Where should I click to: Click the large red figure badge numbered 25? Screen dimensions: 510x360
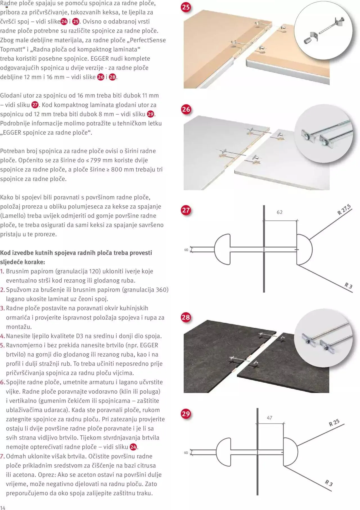pyautogui.click(x=186, y=7)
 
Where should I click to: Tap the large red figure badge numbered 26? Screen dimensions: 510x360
pyautogui.click(x=186, y=109)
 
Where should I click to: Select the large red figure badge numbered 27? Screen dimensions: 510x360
pyautogui.click(x=186, y=210)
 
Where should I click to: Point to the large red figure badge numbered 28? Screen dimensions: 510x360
pyautogui.click(x=186, y=317)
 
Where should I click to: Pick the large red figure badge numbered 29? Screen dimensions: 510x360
pyautogui.click(x=186, y=414)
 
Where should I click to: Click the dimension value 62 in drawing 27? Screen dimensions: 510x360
pyautogui.click(x=280, y=212)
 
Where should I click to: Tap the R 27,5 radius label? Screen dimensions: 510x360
pyautogui.click(x=344, y=210)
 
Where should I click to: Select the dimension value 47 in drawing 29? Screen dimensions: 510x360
pyautogui.click(x=269, y=418)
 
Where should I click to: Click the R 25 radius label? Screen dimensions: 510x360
pyautogui.click(x=334, y=423)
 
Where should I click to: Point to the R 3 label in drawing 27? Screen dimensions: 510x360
pyautogui.click(x=348, y=286)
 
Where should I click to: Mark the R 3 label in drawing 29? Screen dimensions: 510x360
pyautogui.click(x=329, y=483)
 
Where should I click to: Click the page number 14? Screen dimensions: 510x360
pyautogui.click(x=3, y=507)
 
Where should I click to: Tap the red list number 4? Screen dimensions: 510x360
pyautogui.click(x=3, y=336)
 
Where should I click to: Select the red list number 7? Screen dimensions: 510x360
pyautogui.click(x=3, y=456)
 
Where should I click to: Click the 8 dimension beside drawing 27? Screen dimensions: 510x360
pyautogui.click(x=186, y=250)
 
